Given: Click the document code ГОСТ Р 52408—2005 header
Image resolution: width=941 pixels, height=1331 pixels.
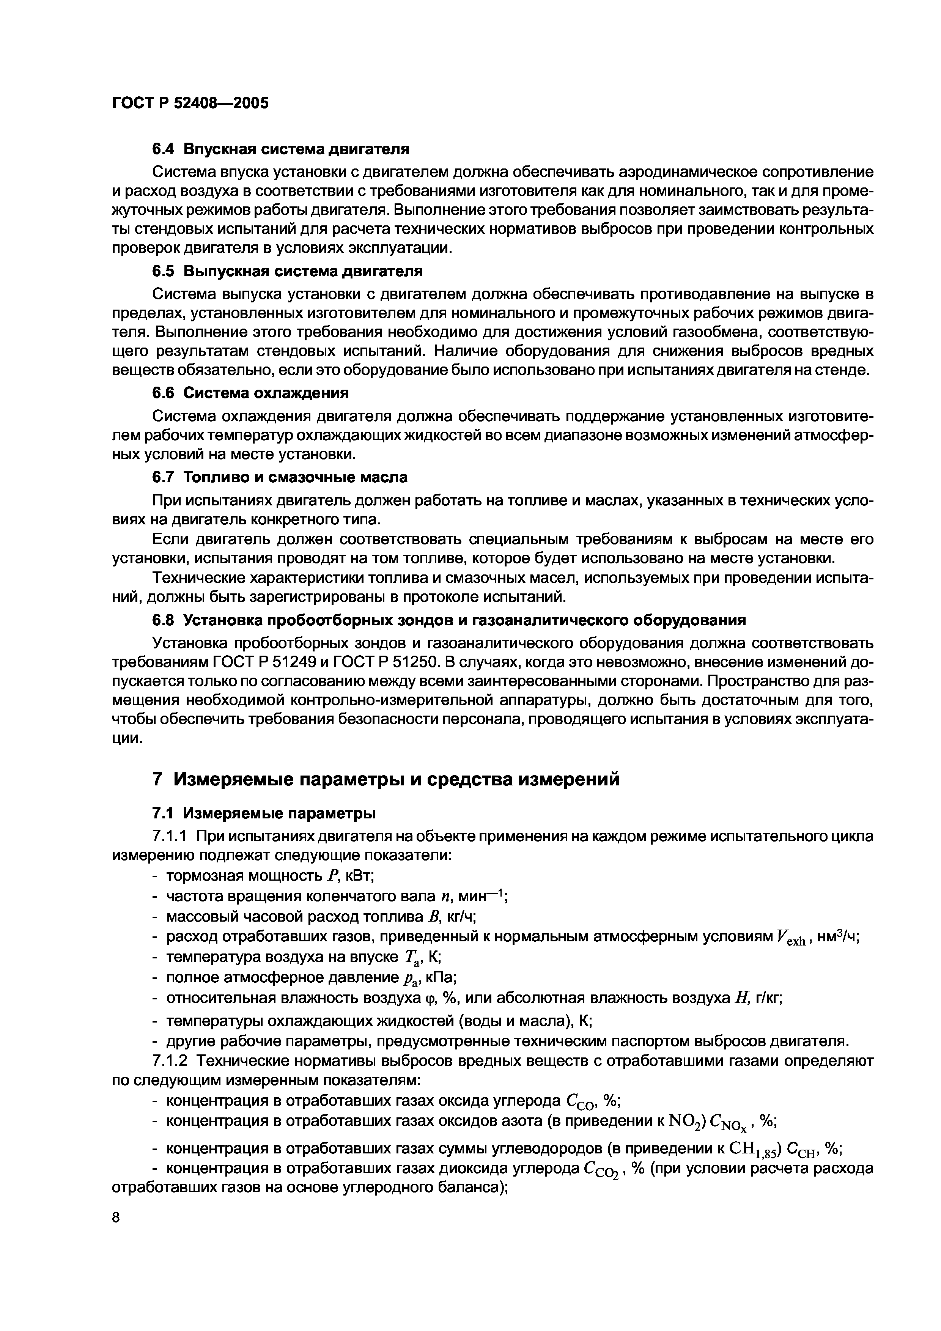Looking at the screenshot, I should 190,103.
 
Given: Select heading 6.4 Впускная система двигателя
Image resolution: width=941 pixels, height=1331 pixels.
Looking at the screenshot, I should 281,149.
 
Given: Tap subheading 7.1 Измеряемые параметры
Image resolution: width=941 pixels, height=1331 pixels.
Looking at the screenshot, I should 264,813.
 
